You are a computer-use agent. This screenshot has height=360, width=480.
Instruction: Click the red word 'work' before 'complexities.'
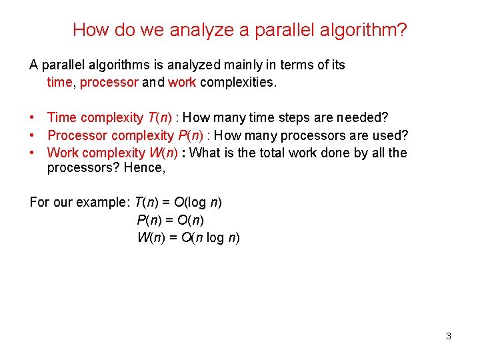[182, 83]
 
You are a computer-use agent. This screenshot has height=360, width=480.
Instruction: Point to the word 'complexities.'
[238, 83]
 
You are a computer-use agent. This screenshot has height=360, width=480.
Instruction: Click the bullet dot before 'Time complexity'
[33, 118]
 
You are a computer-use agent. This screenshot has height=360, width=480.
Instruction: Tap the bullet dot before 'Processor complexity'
[33, 135]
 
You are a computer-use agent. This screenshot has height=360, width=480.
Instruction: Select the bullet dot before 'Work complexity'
[33, 153]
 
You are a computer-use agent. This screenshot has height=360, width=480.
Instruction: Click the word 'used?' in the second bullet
[391, 135]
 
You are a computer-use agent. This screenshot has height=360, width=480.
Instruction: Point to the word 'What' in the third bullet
[205, 153]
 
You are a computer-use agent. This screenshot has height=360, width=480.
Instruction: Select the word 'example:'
[106, 202]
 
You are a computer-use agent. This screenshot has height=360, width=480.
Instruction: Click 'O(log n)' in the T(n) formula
[198, 202]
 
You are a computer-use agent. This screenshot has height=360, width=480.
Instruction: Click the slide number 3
[448, 336]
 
